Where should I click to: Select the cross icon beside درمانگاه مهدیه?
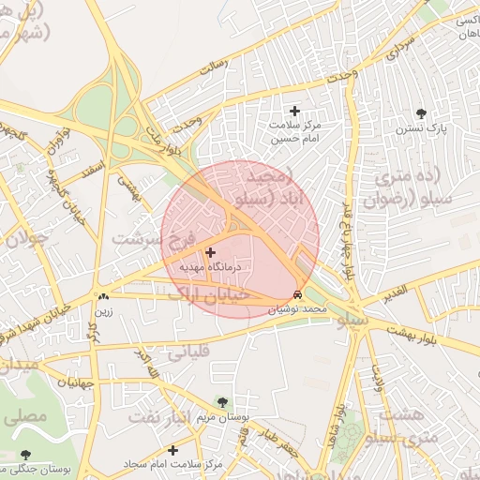[210, 252]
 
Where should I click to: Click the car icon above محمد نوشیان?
[298, 294]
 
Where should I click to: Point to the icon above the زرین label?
[102, 297]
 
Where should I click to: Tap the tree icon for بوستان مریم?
[221, 401]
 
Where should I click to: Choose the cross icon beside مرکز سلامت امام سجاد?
[172, 450]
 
